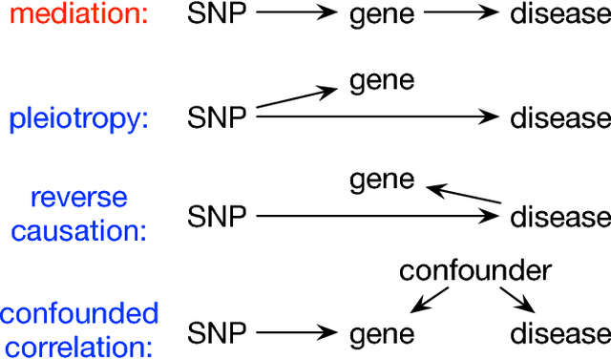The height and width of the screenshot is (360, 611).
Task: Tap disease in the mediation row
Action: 559,16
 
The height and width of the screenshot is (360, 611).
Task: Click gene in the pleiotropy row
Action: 382,80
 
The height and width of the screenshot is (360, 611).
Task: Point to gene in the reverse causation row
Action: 382,179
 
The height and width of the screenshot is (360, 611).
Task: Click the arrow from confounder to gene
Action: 424,302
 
